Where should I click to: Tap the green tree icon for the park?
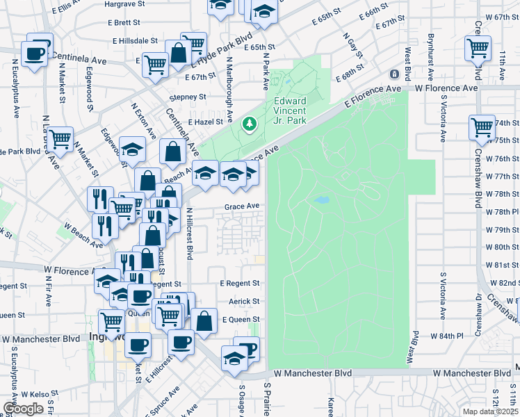tap(249, 124)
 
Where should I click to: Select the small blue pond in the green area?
tap(321, 201)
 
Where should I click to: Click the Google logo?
tap(23, 409)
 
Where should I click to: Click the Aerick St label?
tap(244, 302)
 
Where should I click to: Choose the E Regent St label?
tap(239, 284)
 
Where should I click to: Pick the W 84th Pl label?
tap(446, 336)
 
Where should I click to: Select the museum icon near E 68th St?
tap(394, 74)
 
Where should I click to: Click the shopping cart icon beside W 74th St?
tap(482, 126)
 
